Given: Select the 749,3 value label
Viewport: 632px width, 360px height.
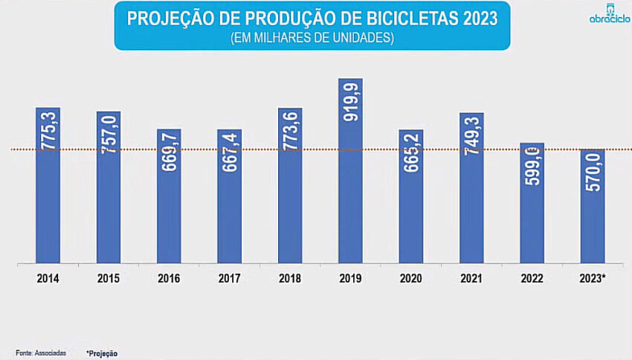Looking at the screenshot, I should click(471, 135).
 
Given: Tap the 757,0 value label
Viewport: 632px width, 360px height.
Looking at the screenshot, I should click(109, 134).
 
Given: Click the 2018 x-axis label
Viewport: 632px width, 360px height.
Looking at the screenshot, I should click(290, 279).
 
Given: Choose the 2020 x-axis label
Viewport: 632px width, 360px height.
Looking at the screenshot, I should click(411, 279).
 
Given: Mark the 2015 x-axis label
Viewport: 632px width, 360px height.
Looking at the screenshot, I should click(109, 279).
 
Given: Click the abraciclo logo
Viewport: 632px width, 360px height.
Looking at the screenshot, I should click(609, 13).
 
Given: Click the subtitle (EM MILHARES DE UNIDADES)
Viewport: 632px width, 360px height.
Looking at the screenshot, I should click(312, 38).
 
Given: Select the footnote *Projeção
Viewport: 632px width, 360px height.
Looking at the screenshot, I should click(102, 353).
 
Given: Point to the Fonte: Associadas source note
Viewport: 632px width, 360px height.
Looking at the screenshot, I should click(42, 353).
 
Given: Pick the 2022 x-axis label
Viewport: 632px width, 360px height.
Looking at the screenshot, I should click(532, 279).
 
